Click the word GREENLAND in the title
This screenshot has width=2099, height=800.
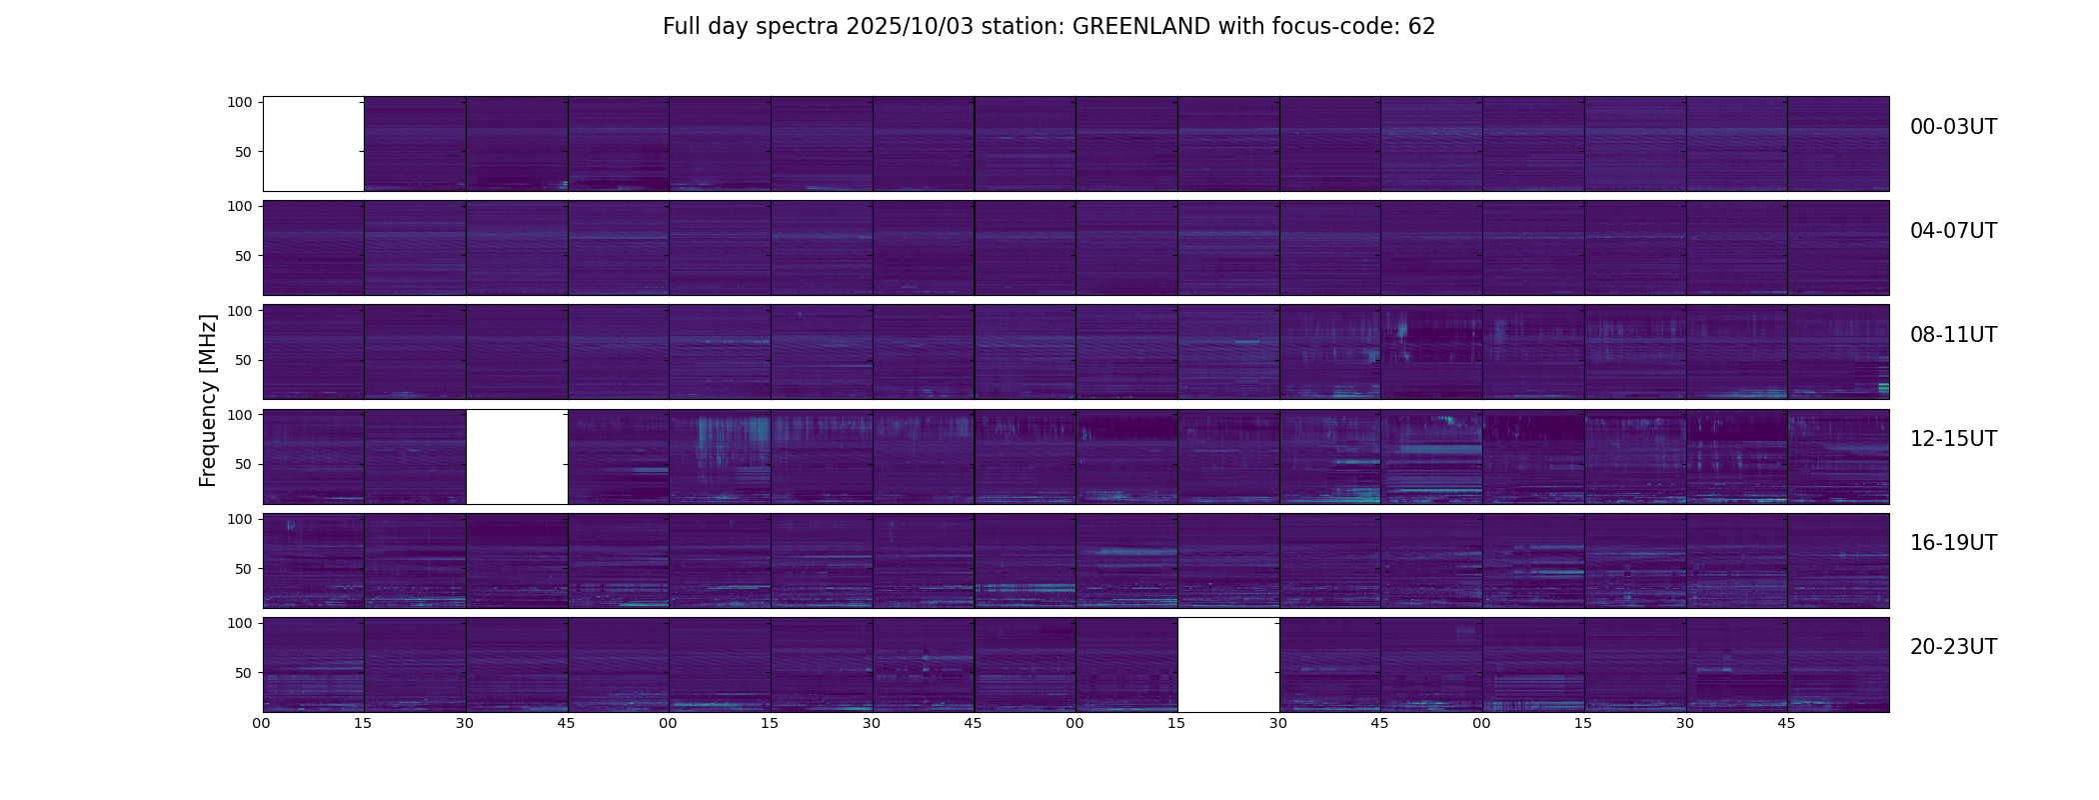pyautogui.click(x=1140, y=27)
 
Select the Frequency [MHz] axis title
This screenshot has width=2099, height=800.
pyautogui.click(x=208, y=400)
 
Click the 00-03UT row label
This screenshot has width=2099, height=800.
pyautogui.click(x=1953, y=127)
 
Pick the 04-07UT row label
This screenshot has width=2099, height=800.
pyautogui.click(x=1953, y=231)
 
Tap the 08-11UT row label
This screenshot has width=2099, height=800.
pyautogui.click(x=1953, y=335)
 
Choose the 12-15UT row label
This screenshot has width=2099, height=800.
pyautogui.click(x=1953, y=439)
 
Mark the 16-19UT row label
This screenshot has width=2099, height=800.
pyautogui.click(x=1953, y=543)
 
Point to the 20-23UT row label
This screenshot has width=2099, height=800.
pyautogui.click(x=1953, y=647)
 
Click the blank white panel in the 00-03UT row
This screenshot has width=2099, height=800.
pyautogui.click(x=313, y=143)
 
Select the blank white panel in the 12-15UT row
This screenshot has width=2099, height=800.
pyautogui.click(x=517, y=456)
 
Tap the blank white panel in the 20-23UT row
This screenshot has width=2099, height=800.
pyautogui.click(x=1228, y=664)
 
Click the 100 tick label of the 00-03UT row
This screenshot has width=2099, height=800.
pyautogui.click(x=240, y=102)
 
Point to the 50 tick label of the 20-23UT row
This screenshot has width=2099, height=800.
pyautogui.click(x=243, y=673)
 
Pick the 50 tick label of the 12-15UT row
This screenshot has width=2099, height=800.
pyautogui.click(x=243, y=465)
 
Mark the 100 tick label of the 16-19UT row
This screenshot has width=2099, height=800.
pyautogui.click(x=240, y=519)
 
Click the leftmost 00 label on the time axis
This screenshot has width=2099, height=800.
pyautogui.click(x=262, y=723)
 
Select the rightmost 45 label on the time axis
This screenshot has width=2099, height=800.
pyautogui.click(x=1786, y=723)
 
